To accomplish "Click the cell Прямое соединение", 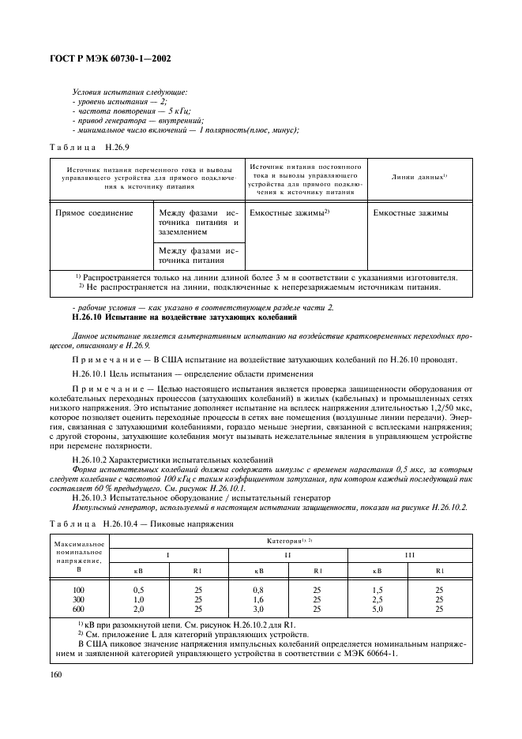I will click(x=94, y=213).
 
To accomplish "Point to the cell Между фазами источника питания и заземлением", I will click(x=198, y=223).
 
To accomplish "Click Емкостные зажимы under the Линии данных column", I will click(x=411, y=213).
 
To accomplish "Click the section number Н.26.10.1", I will click(x=92, y=373).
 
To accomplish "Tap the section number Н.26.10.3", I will click(x=92, y=497).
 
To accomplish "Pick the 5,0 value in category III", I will click(x=377, y=609).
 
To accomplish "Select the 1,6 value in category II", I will click(x=258, y=599).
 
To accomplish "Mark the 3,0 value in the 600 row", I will click(x=258, y=609).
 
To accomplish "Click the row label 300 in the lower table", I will click(x=77, y=599).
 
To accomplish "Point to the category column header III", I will click(x=409, y=554).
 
